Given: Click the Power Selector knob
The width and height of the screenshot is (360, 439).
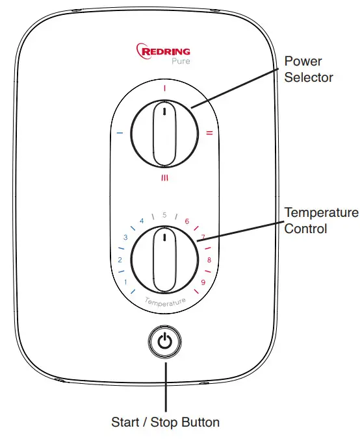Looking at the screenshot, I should [164, 134].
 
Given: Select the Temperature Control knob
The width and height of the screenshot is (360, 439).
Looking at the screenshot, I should [164, 258].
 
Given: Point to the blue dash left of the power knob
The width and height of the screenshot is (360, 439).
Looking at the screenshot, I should [120, 134].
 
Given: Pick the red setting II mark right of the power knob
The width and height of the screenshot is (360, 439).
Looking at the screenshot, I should [209, 133].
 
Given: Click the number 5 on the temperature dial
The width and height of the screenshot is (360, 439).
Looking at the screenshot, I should [165, 214].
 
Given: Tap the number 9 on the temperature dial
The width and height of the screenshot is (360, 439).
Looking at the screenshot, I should [203, 282].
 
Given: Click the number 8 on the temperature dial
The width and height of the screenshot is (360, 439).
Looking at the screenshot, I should [209, 260].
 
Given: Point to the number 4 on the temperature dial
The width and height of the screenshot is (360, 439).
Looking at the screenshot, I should [142, 221].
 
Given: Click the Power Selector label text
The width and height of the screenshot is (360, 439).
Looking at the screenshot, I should [309, 69].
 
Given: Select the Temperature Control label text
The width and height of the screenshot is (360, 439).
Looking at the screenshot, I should [321, 221].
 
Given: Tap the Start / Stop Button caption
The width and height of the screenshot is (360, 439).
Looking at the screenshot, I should [165, 422].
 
